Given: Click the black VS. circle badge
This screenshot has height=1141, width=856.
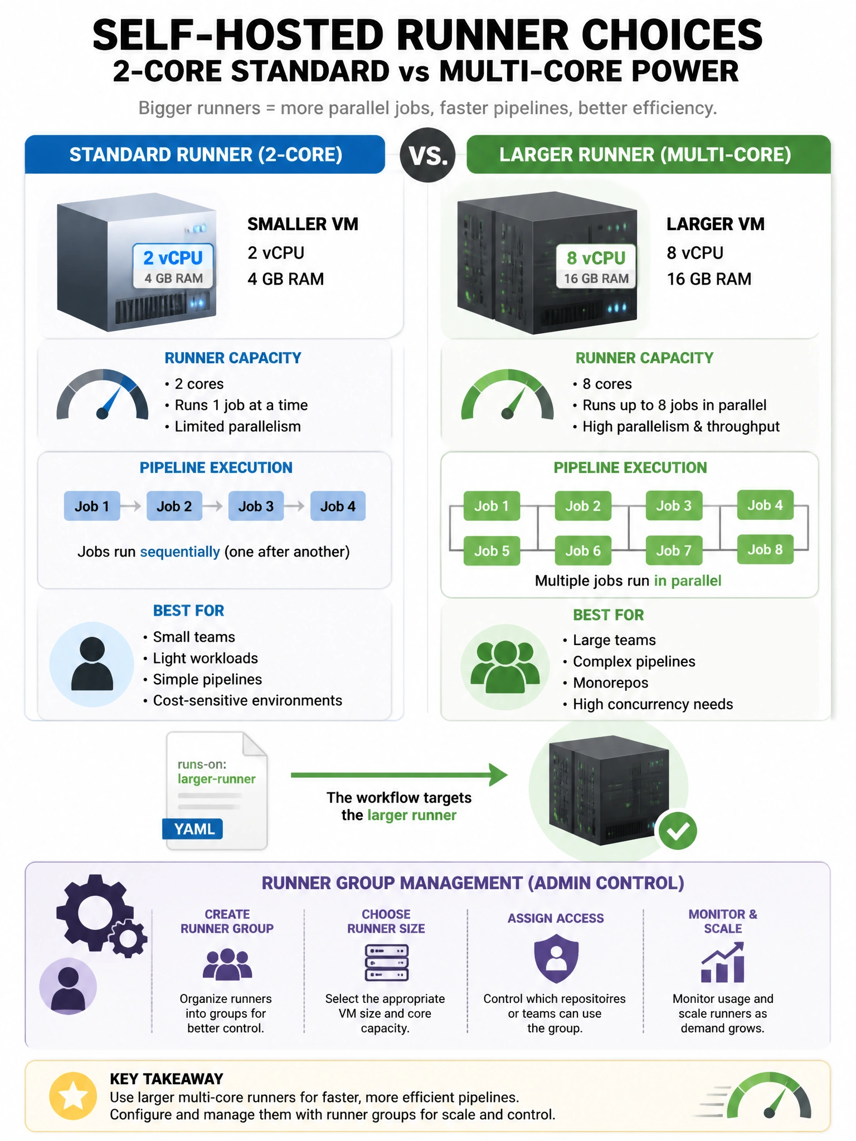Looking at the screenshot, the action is [x=427, y=155].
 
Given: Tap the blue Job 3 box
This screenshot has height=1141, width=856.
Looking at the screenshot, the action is [x=256, y=506].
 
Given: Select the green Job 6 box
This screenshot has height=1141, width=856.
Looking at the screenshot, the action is [x=583, y=550].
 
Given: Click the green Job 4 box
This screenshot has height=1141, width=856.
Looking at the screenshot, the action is [x=765, y=505].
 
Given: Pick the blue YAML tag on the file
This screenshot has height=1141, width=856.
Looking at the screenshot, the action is [x=193, y=829].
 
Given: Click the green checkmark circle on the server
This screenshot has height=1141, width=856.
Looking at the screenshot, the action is [x=678, y=831].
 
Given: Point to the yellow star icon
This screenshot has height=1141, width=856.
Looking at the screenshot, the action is [x=73, y=1096].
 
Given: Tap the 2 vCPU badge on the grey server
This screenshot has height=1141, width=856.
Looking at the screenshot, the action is [x=173, y=266].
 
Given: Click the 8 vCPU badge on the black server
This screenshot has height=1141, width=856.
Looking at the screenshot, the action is [x=596, y=266].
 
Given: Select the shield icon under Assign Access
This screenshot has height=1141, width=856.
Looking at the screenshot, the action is [x=556, y=959].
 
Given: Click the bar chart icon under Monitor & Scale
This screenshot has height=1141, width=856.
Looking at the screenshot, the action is [x=722, y=962].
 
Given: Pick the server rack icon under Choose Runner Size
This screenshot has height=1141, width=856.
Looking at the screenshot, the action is [x=386, y=962].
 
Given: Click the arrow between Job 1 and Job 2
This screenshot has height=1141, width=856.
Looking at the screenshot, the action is [x=131, y=506].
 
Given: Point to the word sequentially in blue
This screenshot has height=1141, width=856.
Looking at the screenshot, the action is [x=180, y=552].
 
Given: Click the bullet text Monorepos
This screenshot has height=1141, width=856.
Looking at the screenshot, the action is [x=610, y=682].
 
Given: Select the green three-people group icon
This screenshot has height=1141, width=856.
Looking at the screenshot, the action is [x=505, y=666].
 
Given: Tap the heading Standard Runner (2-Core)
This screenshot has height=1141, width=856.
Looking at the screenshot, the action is [x=206, y=154].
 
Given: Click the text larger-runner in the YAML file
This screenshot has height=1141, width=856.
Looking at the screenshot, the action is [x=216, y=779].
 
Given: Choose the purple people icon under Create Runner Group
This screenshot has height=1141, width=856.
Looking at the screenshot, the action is [x=227, y=964].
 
